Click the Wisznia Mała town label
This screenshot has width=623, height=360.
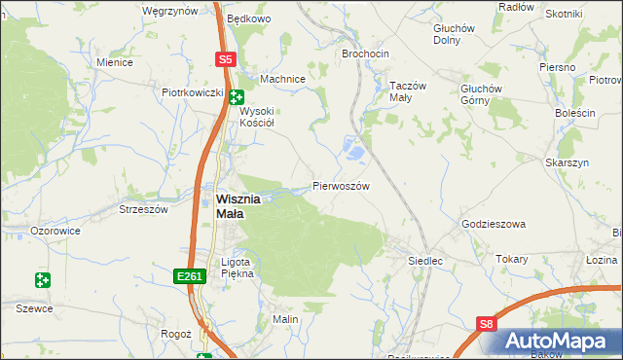[238, 205]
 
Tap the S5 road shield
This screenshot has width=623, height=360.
[226, 59]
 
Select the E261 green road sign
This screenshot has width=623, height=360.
[191, 277]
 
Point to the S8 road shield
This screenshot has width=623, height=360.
[487, 325]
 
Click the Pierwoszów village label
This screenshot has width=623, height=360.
[340, 185]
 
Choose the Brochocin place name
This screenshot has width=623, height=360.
[365, 54]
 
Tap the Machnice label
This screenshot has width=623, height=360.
[283, 79]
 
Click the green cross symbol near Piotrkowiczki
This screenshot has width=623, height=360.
[237, 95]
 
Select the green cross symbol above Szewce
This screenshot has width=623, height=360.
[42, 280]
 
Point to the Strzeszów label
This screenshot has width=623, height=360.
[144, 209]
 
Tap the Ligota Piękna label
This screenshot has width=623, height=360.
[238, 268]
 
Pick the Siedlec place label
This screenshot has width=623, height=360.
[425, 261]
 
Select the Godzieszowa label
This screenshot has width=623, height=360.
[493, 224]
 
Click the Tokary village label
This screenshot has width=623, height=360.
[511, 259]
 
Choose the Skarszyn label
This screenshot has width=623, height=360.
[568, 163]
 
